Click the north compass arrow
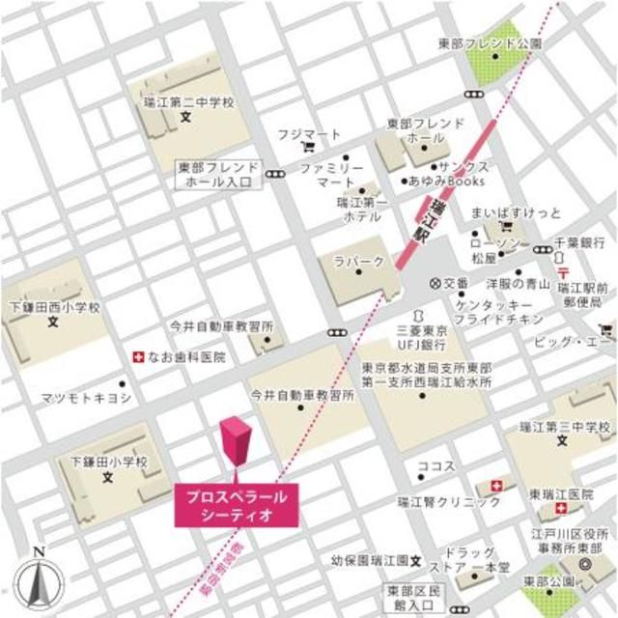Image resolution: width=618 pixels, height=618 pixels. point(38,577)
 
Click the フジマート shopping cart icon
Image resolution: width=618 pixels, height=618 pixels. point(308,148)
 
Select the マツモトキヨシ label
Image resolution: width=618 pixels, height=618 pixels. point(88,397)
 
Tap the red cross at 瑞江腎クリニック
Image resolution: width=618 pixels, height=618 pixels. point(497,484)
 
